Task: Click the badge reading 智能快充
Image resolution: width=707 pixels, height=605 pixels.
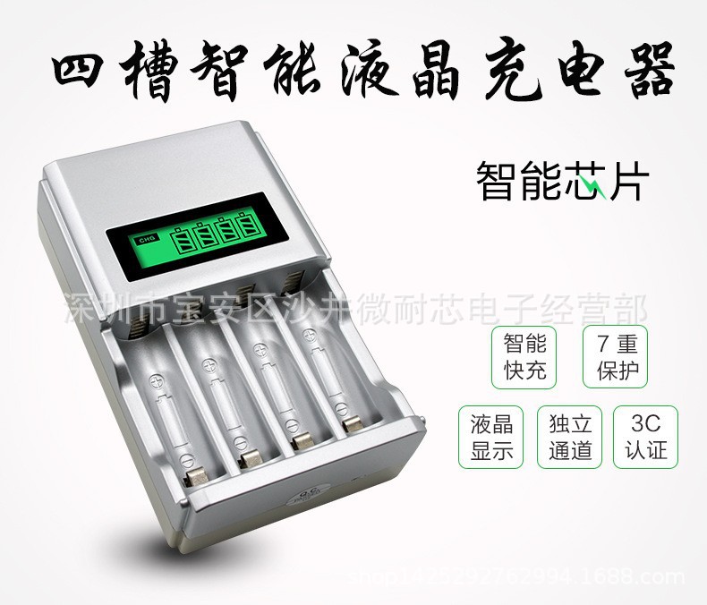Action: pos(524,357)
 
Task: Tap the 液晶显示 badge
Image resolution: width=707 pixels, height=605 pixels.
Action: pos(491,436)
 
